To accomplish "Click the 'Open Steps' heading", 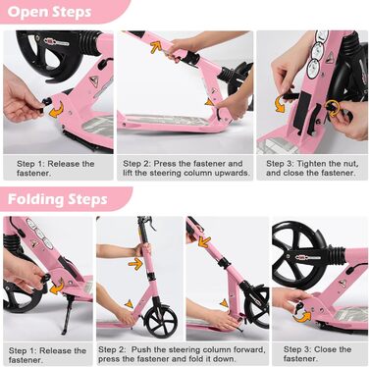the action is [49, 12].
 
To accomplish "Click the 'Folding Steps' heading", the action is [58, 199].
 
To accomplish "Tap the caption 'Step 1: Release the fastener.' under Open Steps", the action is [56, 168].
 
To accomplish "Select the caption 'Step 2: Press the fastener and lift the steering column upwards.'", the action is [186, 168].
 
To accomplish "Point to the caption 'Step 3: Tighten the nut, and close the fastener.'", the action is [312, 168].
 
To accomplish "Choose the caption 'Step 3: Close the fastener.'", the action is [317, 354].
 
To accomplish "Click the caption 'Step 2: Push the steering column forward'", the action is [182, 349].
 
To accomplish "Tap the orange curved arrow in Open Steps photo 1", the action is [56, 110].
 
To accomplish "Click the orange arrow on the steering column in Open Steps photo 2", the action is [156, 47].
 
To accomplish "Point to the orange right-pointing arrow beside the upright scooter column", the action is [135, 264].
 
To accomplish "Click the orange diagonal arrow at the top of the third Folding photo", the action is [204, 242].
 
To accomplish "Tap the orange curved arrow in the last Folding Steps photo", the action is [303, 317].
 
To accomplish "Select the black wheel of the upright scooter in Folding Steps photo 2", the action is [161, 322].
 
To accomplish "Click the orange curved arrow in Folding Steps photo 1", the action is [57, 287].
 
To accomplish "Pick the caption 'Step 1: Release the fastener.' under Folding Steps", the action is [47, 355].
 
